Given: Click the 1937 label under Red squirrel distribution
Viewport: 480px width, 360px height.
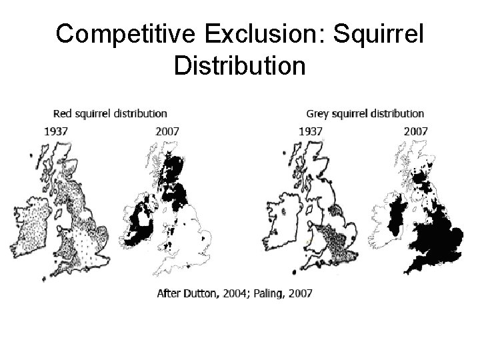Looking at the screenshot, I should (55, 131).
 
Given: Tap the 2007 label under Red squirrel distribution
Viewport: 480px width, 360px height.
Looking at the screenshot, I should (167, 131).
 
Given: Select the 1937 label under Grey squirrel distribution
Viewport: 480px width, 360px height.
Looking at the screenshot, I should (311, 131).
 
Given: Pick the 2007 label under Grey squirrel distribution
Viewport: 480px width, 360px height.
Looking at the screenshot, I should (416, 131).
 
